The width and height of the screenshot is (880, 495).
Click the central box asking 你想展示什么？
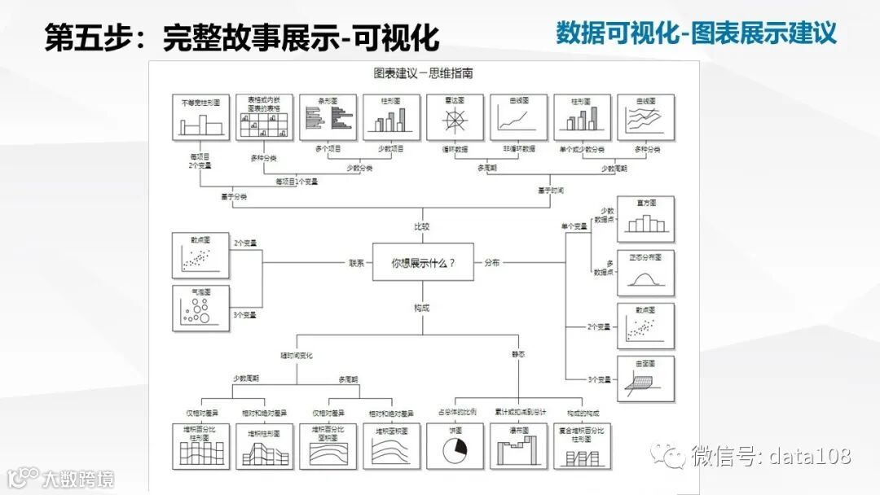pyautogui.click(x=423, y=262)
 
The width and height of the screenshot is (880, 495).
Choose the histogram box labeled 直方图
pyautogui.click(x=645, y=218)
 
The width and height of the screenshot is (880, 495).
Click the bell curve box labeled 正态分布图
pyautogui.click(x=645, y=274)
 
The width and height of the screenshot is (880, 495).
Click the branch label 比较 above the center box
pyautogui.click(x=421, y=226)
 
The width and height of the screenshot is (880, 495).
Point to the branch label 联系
pyautogui.click(x=356, y=263)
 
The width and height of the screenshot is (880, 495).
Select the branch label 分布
pyautogui.click(x=492, y=263)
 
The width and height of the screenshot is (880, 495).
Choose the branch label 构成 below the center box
pyautogui.click(x=421, y=307)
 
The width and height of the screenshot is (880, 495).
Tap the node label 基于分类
pyautogui.click(x=233, y=195)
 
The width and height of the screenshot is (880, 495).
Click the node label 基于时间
pyautogui.click(x=551, y=190)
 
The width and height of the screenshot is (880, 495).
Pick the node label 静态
pyautogui.click(x=519, y=355)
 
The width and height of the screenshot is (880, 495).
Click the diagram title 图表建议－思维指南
pyautogui.click(x=423, y=73)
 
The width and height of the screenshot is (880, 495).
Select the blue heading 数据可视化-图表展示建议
pyautogui.click(x=696, y=33)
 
